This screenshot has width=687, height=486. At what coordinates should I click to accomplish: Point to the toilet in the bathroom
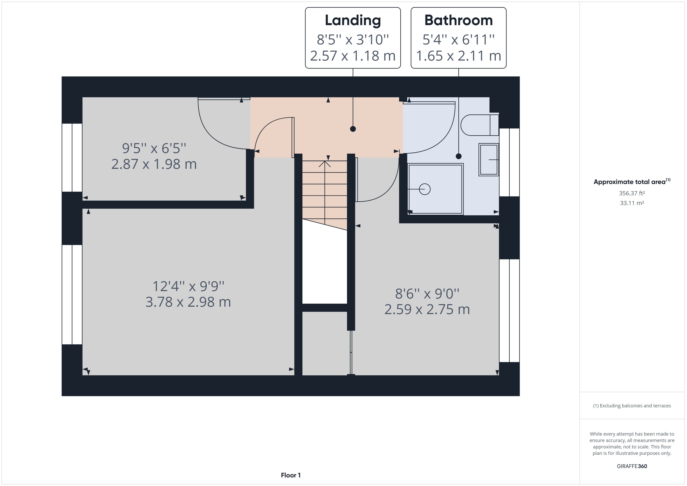tap(479, 125)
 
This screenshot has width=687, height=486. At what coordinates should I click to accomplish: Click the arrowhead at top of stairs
tap(324, 164)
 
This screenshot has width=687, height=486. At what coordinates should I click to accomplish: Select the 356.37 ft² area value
tap(632, 193)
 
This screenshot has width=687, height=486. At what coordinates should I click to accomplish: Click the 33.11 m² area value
tap(632, 203)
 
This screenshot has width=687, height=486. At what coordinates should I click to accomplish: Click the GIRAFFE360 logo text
tap(632, 466)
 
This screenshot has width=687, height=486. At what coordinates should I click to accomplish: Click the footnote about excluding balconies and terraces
tap(632, 406)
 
